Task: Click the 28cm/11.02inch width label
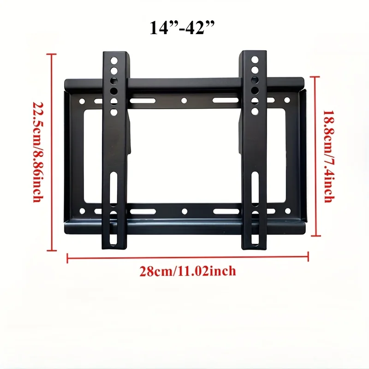click(x=188, y=270)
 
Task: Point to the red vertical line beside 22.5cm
click(x=52, y=152)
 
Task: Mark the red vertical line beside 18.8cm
click(x=315, y=156)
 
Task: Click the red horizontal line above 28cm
click(x=188, y=257)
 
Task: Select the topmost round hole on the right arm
click(x=254, y=60)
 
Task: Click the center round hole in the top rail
click(x=184, y=100)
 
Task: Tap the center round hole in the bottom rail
click(x=184, y=212)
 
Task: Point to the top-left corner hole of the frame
click(x=82, y=101)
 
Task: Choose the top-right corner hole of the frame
click(x=286, y=100)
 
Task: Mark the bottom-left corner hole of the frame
click(x=82, y=211)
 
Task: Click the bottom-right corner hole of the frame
click(x=286, y=211)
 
